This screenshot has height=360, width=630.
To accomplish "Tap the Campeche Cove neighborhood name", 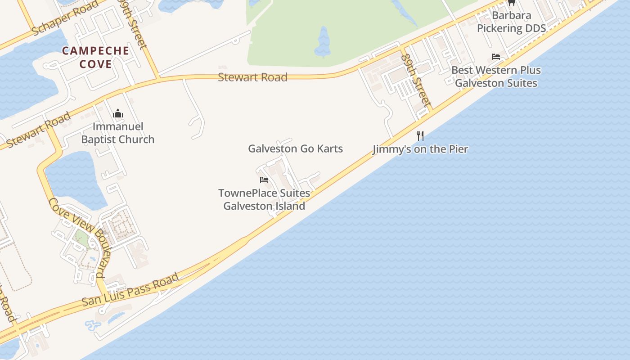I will [95, 57].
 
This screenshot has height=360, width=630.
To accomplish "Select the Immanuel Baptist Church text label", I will [118, 133].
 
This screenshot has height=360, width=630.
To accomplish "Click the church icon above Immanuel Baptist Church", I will [118, 113].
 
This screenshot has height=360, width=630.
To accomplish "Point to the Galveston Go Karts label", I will [296, 148].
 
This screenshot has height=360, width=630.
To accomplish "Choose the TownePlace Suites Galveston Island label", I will [264, 200].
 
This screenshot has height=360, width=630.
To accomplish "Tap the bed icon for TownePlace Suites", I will [264, 180].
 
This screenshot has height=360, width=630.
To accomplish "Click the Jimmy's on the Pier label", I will [420, 149].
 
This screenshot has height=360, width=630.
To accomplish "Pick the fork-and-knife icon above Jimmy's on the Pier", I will [420, 135].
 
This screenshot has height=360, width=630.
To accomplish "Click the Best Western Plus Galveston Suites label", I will [496, 76].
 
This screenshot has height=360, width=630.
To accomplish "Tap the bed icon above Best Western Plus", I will [496, 57].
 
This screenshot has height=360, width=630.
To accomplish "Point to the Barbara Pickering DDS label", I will [511, 22].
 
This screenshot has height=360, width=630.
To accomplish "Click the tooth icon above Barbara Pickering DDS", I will [511, 3].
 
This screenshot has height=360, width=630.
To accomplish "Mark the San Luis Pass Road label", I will [130, 290].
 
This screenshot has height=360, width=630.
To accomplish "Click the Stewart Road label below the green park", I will [252, 77].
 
